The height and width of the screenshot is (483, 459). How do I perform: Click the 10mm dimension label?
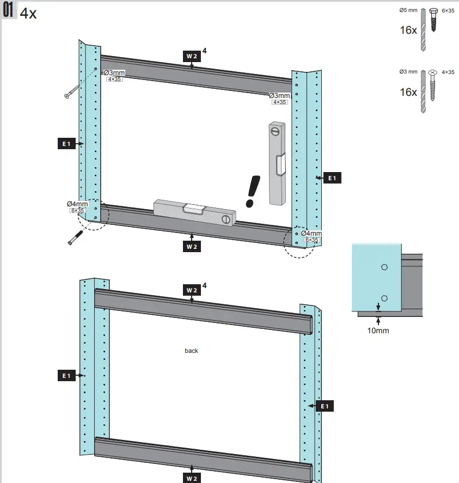(378, 330)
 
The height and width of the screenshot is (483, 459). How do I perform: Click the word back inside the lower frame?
(191, 351)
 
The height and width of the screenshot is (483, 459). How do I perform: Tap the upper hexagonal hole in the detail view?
(384, 267)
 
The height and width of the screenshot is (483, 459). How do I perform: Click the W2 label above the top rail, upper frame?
(191, 56)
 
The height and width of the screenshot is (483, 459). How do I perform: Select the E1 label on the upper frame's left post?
(66, 144)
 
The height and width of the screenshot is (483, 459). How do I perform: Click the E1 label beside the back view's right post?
(324, 406)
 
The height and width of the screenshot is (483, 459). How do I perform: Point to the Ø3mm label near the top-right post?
(279, 95)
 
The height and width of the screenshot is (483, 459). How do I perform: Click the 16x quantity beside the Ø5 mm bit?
(408, 30)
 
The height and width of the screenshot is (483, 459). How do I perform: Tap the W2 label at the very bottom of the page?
(191, 478)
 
